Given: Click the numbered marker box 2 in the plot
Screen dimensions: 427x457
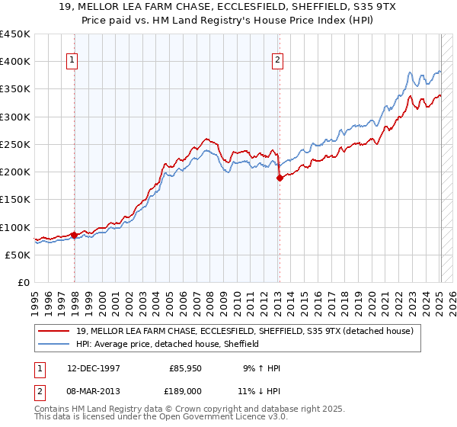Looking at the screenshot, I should pyautogui.click(x=278, y=60).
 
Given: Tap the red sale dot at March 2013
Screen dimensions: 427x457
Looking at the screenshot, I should pyautogui.click(x=280, y=178).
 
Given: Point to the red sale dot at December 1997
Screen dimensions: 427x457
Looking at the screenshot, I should pyautogui.click(x=74, y=235).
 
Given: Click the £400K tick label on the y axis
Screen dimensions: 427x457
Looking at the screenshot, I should pyautogui.click(x=14, y=62).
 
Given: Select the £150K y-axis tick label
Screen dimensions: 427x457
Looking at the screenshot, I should pyautogui.click(x=14, y=200).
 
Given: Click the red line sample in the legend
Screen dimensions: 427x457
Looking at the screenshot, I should pyautogui.click(x=53, y=331).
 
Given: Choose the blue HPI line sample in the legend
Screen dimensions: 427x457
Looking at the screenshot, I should pyautogui.click(x=53, y=344).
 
